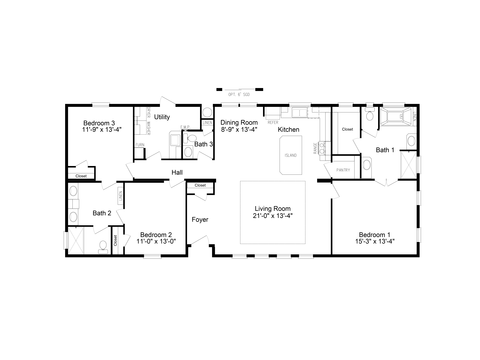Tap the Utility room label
coord(162,117)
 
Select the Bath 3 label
coord(204,145)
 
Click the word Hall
coord(177,173)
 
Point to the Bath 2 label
coord(101,212)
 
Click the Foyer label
coord(200,218)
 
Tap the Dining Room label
coord(238,121)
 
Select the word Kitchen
coord(289,130)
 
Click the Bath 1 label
coord(385,150)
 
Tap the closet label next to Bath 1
coord(347,129)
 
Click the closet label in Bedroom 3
coord(81,176)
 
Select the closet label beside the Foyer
coord(200,186)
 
